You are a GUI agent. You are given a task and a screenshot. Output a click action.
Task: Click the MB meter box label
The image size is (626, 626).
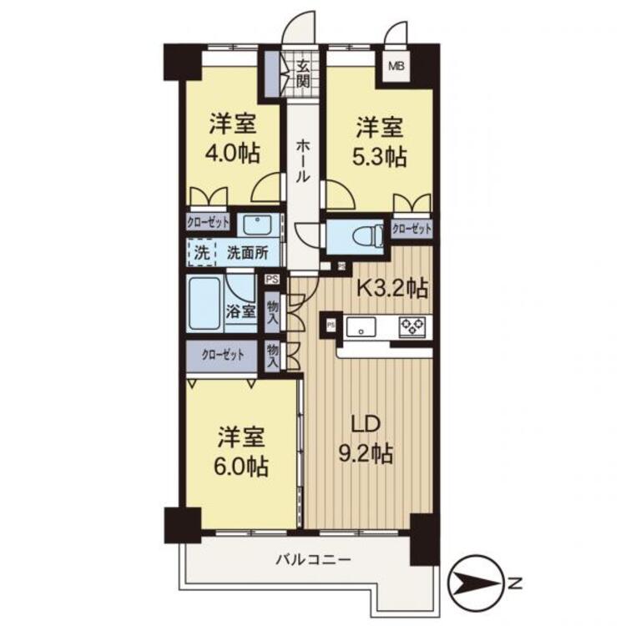pos(396,66)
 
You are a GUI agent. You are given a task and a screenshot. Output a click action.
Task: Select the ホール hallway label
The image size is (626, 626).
pos(303,160)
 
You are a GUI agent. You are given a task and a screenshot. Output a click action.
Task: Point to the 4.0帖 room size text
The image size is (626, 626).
pos(233,154)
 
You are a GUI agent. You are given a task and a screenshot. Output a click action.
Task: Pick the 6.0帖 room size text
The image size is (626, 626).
pos(240,466)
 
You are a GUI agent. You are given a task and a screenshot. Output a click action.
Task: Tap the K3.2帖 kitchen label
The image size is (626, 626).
pos(392,288)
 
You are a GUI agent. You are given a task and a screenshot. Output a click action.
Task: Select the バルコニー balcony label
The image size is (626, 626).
pos(314,559)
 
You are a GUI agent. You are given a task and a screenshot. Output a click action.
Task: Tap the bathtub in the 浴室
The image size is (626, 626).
pos(204,303)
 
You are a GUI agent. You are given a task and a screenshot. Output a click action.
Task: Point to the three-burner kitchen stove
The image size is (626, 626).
pos(412,326)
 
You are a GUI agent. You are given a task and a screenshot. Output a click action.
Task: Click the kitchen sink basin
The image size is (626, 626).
pos(361,327)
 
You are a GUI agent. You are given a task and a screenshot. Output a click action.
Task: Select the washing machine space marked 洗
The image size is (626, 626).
pos(201,252)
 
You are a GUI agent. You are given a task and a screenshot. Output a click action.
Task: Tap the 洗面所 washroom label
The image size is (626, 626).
pos(248,253)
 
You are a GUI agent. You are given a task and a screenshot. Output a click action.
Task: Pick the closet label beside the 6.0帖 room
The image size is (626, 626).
pos(222,355)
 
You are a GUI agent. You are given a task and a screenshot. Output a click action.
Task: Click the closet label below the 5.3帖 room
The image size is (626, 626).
pos(411,229)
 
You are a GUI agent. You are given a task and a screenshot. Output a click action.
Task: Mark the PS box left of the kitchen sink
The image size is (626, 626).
pos(331,325)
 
